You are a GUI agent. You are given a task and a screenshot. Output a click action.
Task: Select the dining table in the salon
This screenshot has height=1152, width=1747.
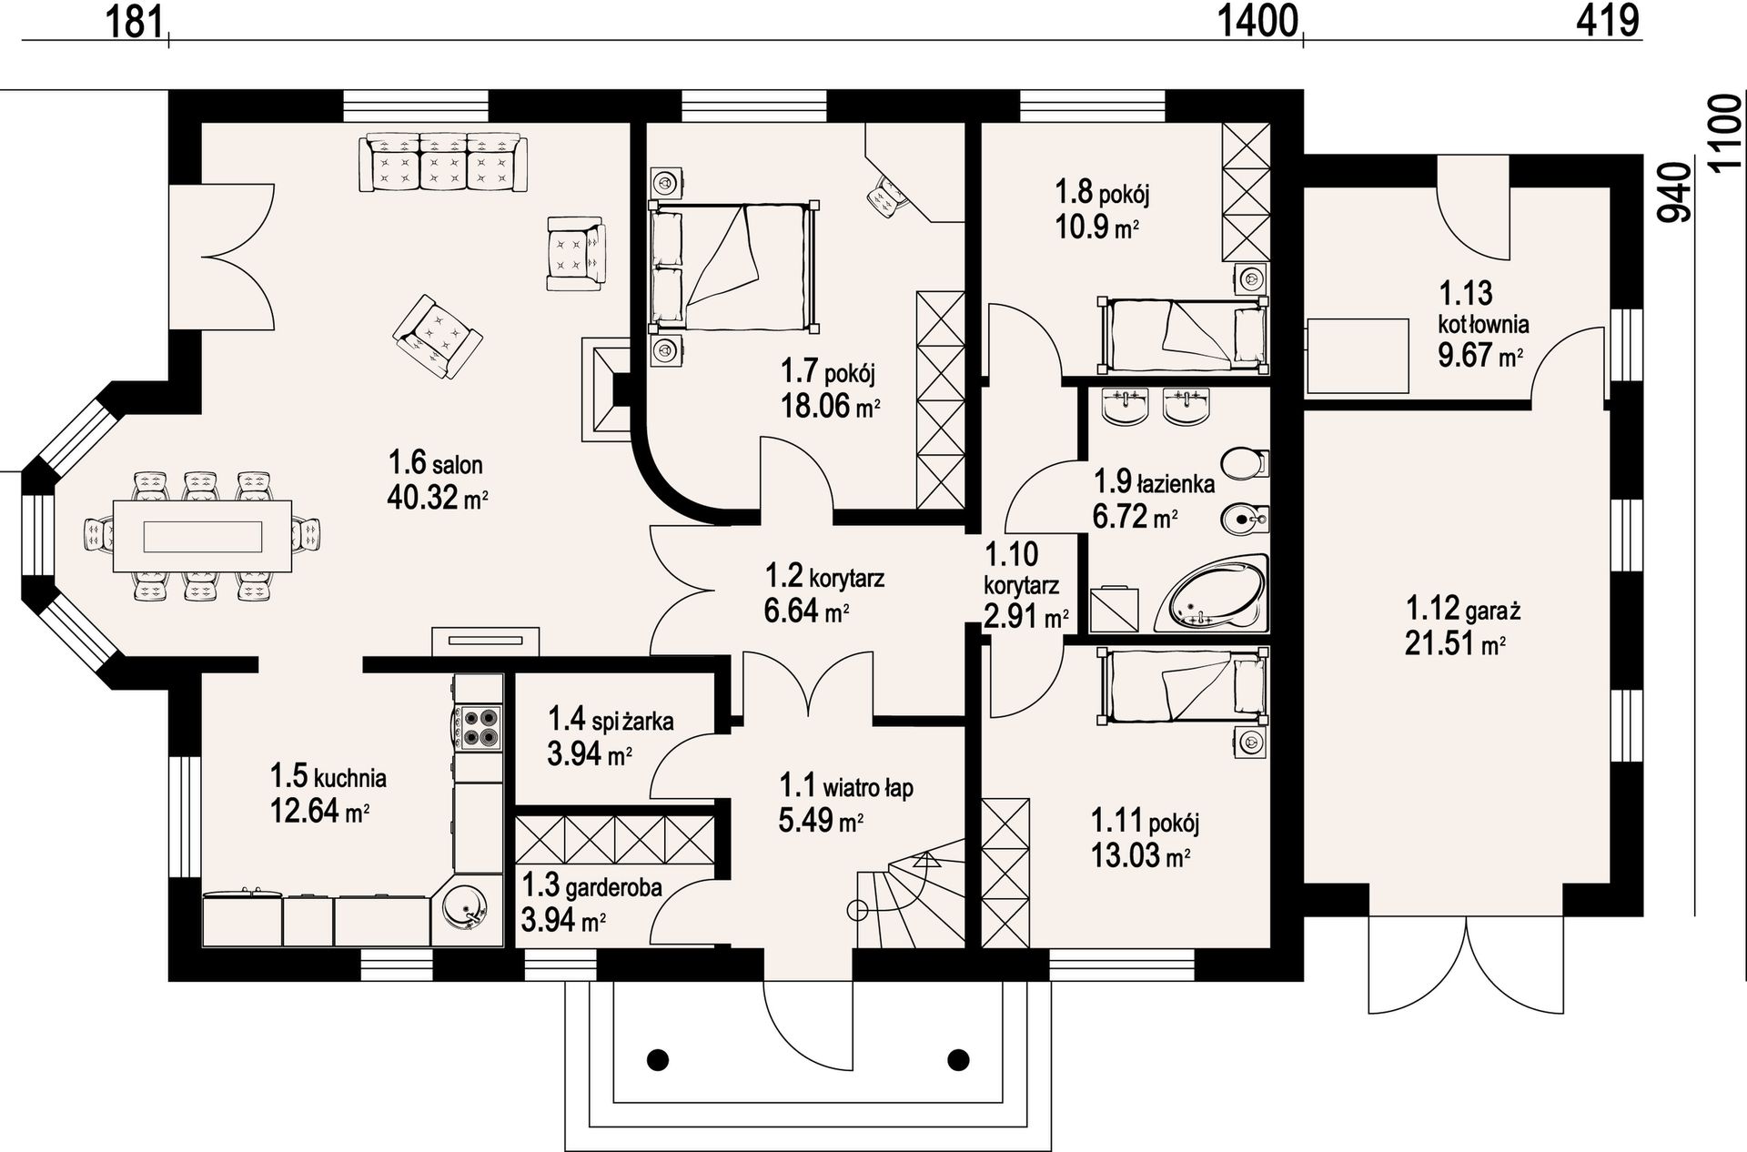click(202, 536)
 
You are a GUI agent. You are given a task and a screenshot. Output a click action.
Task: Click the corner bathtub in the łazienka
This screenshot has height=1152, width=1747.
click(1213, 593)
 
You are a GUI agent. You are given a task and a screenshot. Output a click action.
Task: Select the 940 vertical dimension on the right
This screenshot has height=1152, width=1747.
click(1674, 193)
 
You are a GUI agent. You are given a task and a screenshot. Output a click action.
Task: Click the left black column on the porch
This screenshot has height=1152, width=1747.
click(658, 1059)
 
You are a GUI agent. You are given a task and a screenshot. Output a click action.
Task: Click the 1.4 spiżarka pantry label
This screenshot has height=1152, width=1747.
click(611, 721)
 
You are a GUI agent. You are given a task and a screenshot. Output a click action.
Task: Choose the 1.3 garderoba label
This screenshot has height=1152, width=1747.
click(591, 885)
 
